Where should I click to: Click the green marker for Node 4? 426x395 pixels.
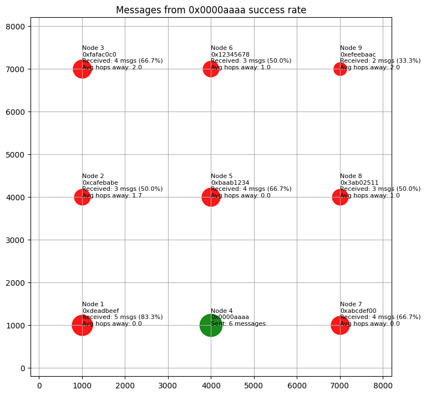tap(211, 326)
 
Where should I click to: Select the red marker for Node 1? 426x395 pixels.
tap(82, 326)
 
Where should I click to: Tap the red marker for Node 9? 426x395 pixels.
tap(340, 69)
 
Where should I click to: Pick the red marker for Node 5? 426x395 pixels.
tap(211, 197)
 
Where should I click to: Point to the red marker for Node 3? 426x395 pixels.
tap(82, 69)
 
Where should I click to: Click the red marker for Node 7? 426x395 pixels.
tap(340, 326)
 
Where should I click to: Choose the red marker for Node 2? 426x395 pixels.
tap(82, 197)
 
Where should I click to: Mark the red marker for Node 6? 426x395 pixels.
tap(211, 69)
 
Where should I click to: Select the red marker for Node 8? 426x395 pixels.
tap(340, 197)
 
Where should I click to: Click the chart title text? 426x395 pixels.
tap(211, 10)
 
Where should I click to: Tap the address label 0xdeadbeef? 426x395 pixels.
tap(100, 311)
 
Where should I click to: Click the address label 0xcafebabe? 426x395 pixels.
tap(100, 183)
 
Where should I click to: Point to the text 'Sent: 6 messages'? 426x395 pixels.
tap(238, 323)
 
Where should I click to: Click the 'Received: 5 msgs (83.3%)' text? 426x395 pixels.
tap(122, 317)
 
